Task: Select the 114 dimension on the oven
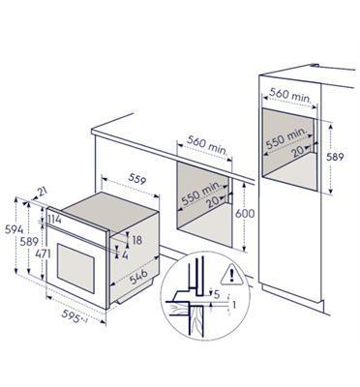point(55,222)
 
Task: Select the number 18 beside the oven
point(136,239)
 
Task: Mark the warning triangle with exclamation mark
point(229,274)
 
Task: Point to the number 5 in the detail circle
point(218,293)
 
